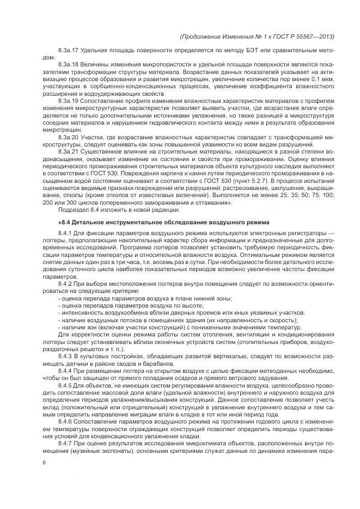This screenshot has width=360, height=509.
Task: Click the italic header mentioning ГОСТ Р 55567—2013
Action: (x=256, y=37)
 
